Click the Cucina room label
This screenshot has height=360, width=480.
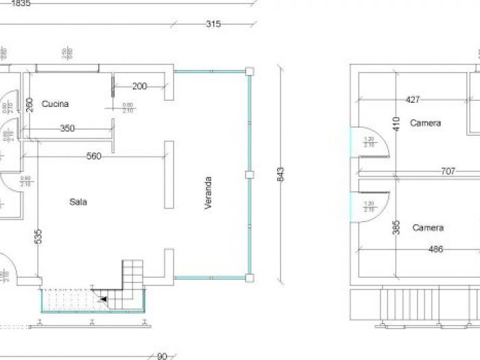[x=55, y=104]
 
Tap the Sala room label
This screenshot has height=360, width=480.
[x=77, y=202]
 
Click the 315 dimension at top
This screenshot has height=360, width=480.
[x=213, y=24]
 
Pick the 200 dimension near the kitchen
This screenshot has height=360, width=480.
[x=139, y=86]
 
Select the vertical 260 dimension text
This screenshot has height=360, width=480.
[x=29, y=106]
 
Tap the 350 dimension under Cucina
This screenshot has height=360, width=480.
[x=67, y=128]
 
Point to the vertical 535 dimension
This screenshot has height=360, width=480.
[x=38, y=237]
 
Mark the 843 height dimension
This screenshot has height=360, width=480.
[x=280, y=174]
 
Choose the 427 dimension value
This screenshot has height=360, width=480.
[x=413, y=99]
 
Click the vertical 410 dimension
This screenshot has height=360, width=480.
[x=396, y=123]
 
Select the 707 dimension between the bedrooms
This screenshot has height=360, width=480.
[x=447, y=171]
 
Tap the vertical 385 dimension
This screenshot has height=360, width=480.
[x=396, y=228]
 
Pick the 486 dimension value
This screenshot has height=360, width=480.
[x=435, y=250]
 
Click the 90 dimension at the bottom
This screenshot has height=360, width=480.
[x=162, y=356]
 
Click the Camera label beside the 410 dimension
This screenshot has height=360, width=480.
[x=425, y=123]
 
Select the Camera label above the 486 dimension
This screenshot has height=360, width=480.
[x=428, y=228]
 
